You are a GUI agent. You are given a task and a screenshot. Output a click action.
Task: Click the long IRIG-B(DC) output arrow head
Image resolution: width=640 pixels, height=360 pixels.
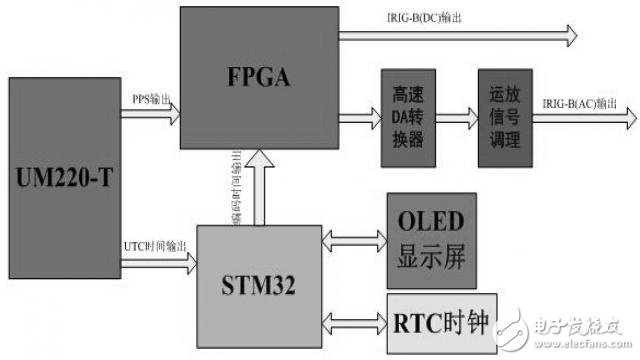pyautogui.click(x=570, y=36)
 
